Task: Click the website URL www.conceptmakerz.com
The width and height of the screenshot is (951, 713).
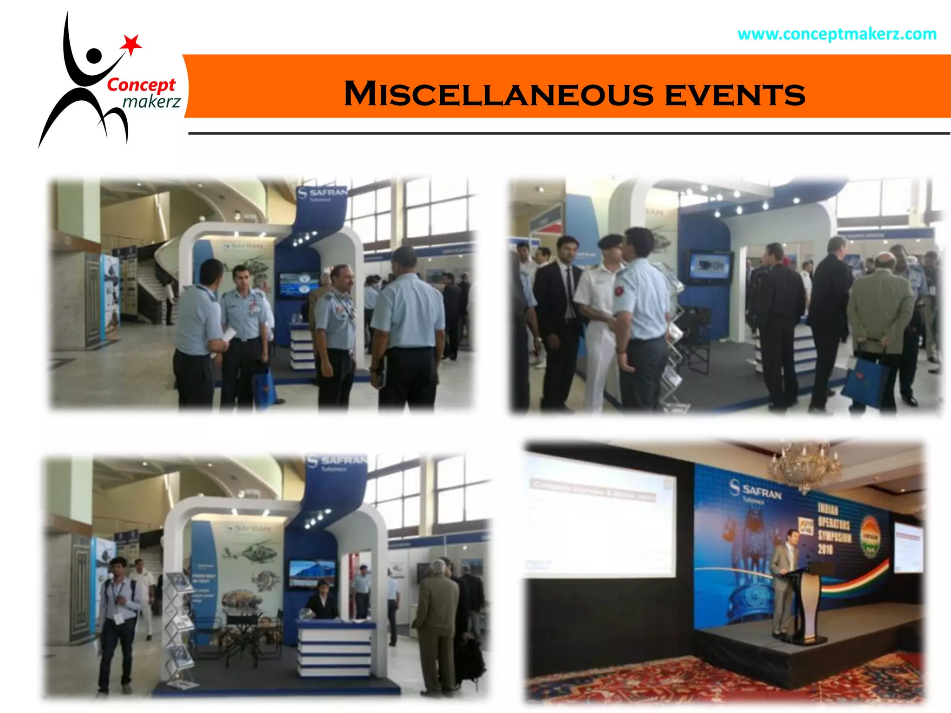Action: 837,34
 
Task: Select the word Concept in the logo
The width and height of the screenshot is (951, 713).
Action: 141,85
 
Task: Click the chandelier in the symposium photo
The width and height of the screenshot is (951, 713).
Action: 805,464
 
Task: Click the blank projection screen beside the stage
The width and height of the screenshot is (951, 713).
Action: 599,515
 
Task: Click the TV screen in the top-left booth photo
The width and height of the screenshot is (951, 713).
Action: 299,285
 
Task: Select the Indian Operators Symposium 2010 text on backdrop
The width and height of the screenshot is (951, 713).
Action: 834,529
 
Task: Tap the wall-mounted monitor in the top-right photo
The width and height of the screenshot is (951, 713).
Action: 710,266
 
